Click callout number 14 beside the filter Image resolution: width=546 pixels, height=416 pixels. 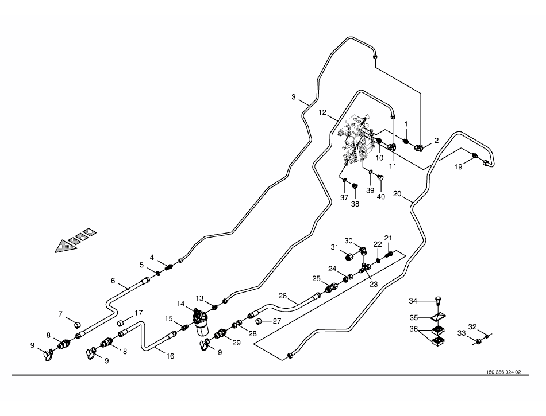pos(180,304)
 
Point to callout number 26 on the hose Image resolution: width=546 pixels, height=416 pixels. pos(282,296)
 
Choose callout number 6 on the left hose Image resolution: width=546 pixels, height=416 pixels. pos(113,281)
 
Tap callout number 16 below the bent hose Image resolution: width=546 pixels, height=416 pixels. pos(170,356)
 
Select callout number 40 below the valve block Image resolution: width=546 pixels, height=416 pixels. pos(380,197)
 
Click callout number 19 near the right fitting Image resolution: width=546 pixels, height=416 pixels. pos(458,167)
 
